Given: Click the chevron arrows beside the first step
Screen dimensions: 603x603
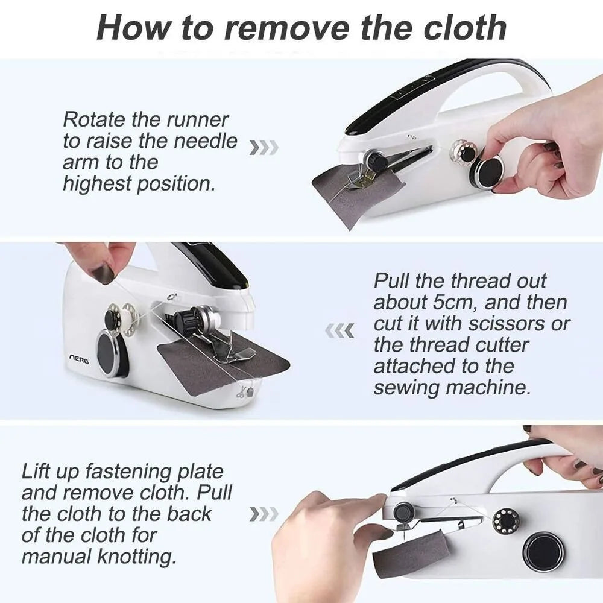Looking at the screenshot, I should (x=264, y=147).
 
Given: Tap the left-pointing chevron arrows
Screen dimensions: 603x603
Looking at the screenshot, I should (x=340, y=330).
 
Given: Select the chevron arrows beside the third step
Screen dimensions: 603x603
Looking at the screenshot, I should (x=264, y=514).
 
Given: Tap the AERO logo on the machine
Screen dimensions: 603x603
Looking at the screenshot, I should (x=78, y=359).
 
